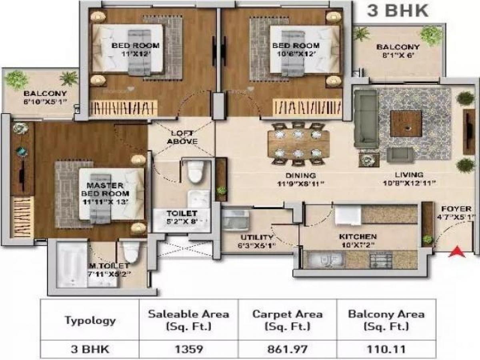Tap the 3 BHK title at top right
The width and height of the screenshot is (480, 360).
(398, 10)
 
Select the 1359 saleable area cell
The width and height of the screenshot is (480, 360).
(188, 349)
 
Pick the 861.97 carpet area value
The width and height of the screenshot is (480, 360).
(287, 349)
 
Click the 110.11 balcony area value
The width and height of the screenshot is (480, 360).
(386, 349)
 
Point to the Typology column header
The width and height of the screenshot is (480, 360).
(90, 320)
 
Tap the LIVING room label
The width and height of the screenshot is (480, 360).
(409, 175)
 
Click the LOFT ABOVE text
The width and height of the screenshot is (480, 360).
(182, 137)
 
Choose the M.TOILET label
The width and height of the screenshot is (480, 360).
(108, 266)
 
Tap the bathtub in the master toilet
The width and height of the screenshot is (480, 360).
(72, 264)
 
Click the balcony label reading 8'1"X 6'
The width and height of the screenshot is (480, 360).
(398, 51)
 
